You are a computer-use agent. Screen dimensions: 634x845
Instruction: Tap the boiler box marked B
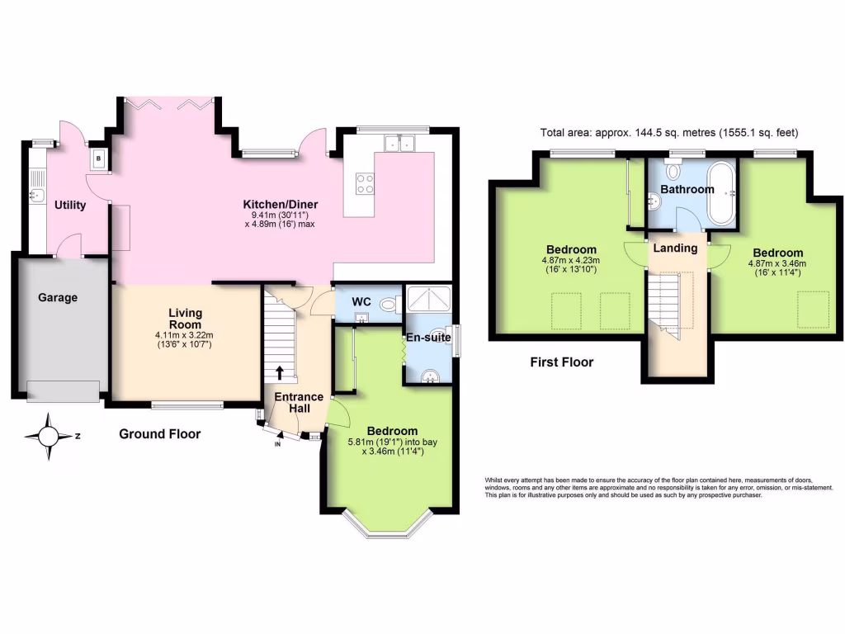coord(99,158)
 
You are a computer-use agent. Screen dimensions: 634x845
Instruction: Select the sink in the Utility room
coord(36,196)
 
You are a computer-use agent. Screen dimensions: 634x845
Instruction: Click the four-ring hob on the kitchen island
coord(364,183)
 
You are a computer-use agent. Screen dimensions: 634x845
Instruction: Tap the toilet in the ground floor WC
coord(389,305)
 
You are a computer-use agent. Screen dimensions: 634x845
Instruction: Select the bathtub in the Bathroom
coord(724,192)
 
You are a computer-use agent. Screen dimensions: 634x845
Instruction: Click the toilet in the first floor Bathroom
coord(673,172)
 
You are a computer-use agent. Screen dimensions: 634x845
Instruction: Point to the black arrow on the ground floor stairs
coord(280,372)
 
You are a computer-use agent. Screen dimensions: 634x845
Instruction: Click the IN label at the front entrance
coord(277,445)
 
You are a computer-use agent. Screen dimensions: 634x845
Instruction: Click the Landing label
coord(675,248)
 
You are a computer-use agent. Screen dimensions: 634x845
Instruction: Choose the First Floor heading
coord(562,362)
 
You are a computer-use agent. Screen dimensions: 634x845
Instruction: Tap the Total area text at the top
coord(668,132)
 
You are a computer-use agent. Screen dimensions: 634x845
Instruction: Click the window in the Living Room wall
coord(186,405)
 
